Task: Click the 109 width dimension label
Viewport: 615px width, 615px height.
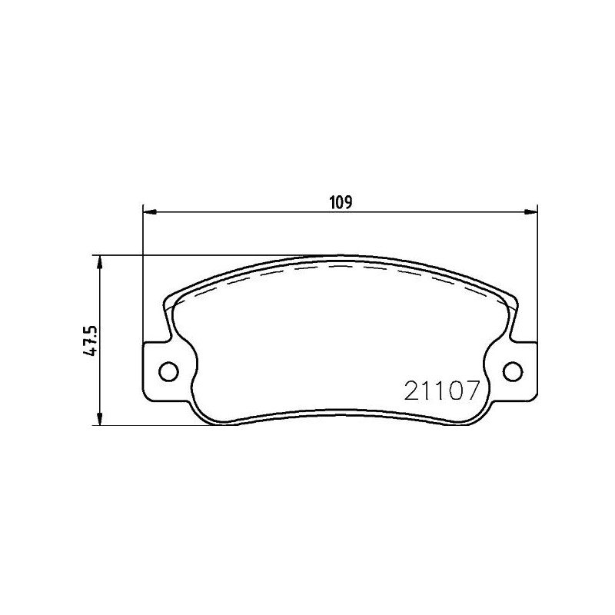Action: click(341, 203)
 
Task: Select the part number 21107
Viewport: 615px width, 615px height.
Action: click(442, 391)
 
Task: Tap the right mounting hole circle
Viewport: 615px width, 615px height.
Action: click(512, 371)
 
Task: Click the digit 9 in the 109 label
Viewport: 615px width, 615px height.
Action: click(348, 203)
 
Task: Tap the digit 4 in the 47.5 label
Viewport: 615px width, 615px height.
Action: click(91, 351)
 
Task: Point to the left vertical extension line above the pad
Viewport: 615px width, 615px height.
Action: click(144, 277)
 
